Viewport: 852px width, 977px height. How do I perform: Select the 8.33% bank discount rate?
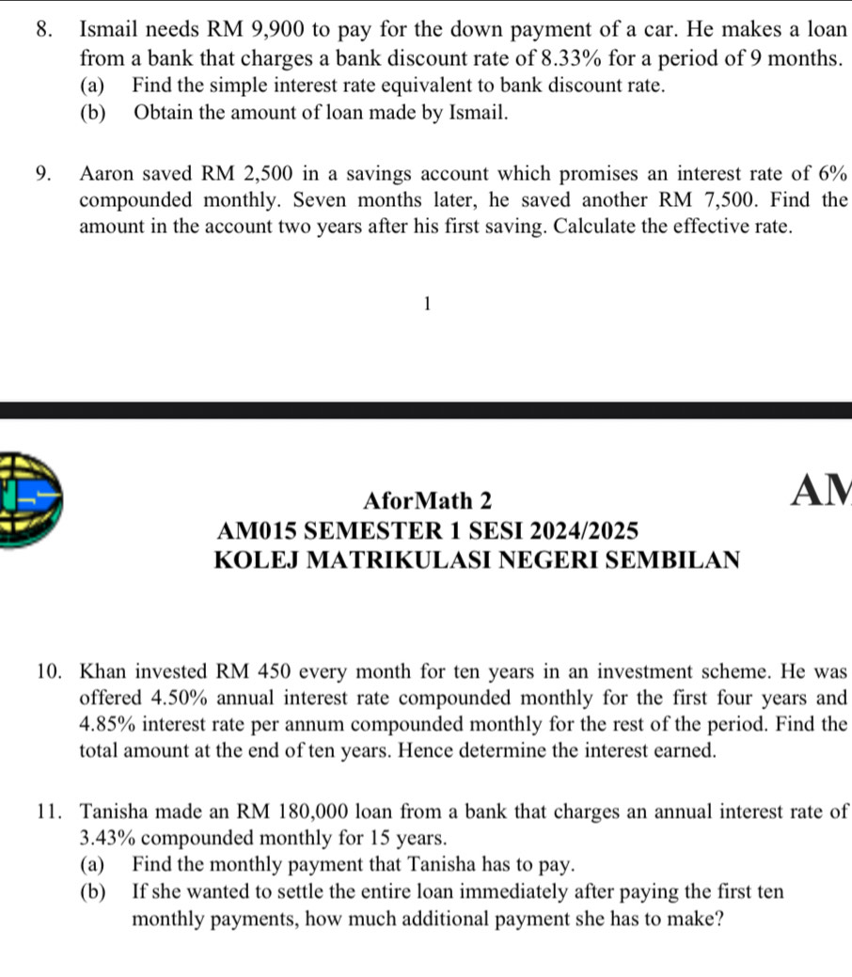tap(532, 57)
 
